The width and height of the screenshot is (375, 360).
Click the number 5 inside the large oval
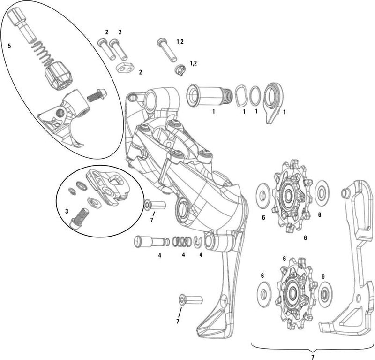tap(9, 46)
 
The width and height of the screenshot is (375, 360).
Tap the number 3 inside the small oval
tap(67, 212)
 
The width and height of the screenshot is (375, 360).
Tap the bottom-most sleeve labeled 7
tap(190, 299)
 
